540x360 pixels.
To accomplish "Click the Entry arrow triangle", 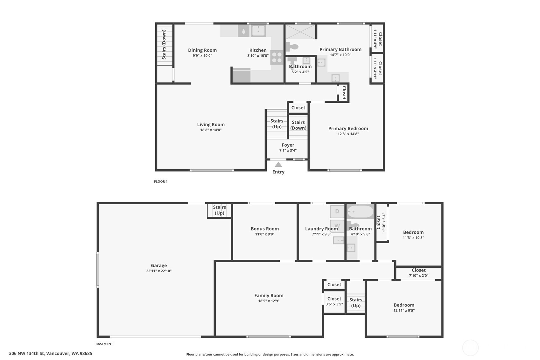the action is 278,165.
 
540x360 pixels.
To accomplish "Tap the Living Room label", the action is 211,124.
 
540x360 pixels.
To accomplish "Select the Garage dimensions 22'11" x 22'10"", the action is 158,271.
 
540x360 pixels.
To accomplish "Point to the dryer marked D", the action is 337,211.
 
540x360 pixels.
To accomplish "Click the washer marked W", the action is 337,226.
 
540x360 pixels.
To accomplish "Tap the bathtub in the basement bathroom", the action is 360,212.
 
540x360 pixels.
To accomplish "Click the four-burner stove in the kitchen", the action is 277,57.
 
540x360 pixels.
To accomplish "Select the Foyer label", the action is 288,145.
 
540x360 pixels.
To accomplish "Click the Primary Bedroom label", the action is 348,129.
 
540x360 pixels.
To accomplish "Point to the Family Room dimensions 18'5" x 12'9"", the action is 269,301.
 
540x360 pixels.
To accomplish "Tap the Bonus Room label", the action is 265,229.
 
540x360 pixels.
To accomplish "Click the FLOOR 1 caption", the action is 161,181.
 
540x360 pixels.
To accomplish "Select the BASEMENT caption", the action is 104,344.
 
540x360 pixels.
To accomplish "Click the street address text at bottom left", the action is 51,354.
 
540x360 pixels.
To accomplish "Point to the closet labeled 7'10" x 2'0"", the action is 418,273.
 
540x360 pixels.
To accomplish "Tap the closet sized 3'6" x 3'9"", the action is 334,301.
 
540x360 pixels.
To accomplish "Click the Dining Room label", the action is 202,50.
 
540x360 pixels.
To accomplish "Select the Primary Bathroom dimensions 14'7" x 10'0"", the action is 340,55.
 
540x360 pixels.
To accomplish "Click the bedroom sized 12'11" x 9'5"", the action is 404,308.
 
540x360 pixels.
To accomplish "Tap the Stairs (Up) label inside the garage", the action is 219,210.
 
